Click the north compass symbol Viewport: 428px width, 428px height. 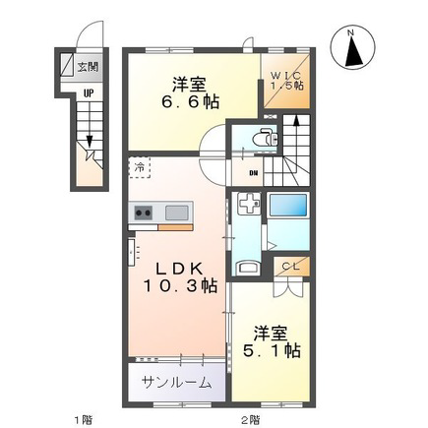pyautogui.click(x=353, y=49)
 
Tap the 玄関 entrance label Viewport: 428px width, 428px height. pyautogui.click(x=88, y=67)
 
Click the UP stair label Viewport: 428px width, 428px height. pyautogui.click(x=88, y=93)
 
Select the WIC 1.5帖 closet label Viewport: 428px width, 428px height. pyautogui.click(x=286, y=81)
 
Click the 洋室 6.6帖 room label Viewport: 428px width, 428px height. pyautogui.click(x=189, y=92)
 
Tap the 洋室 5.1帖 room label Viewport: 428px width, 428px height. pyautogui.click(x=271, y=341)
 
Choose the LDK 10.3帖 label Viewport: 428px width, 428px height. pyautogui.click(x=180, y=277)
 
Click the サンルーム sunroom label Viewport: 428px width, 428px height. pyautogui.click(x=176, y=382)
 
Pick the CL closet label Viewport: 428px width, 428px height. pyautogui.click(x=290, y=267)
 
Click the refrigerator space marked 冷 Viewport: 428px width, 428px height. pyautogui.click(x=140, y=167)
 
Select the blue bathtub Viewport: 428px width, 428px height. pyautogui.click(x=288, y=205)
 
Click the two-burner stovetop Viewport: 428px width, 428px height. pyautogui.click(x=144, y=213)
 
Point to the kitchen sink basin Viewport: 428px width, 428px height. pyautogui.click(x=177, y=213)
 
